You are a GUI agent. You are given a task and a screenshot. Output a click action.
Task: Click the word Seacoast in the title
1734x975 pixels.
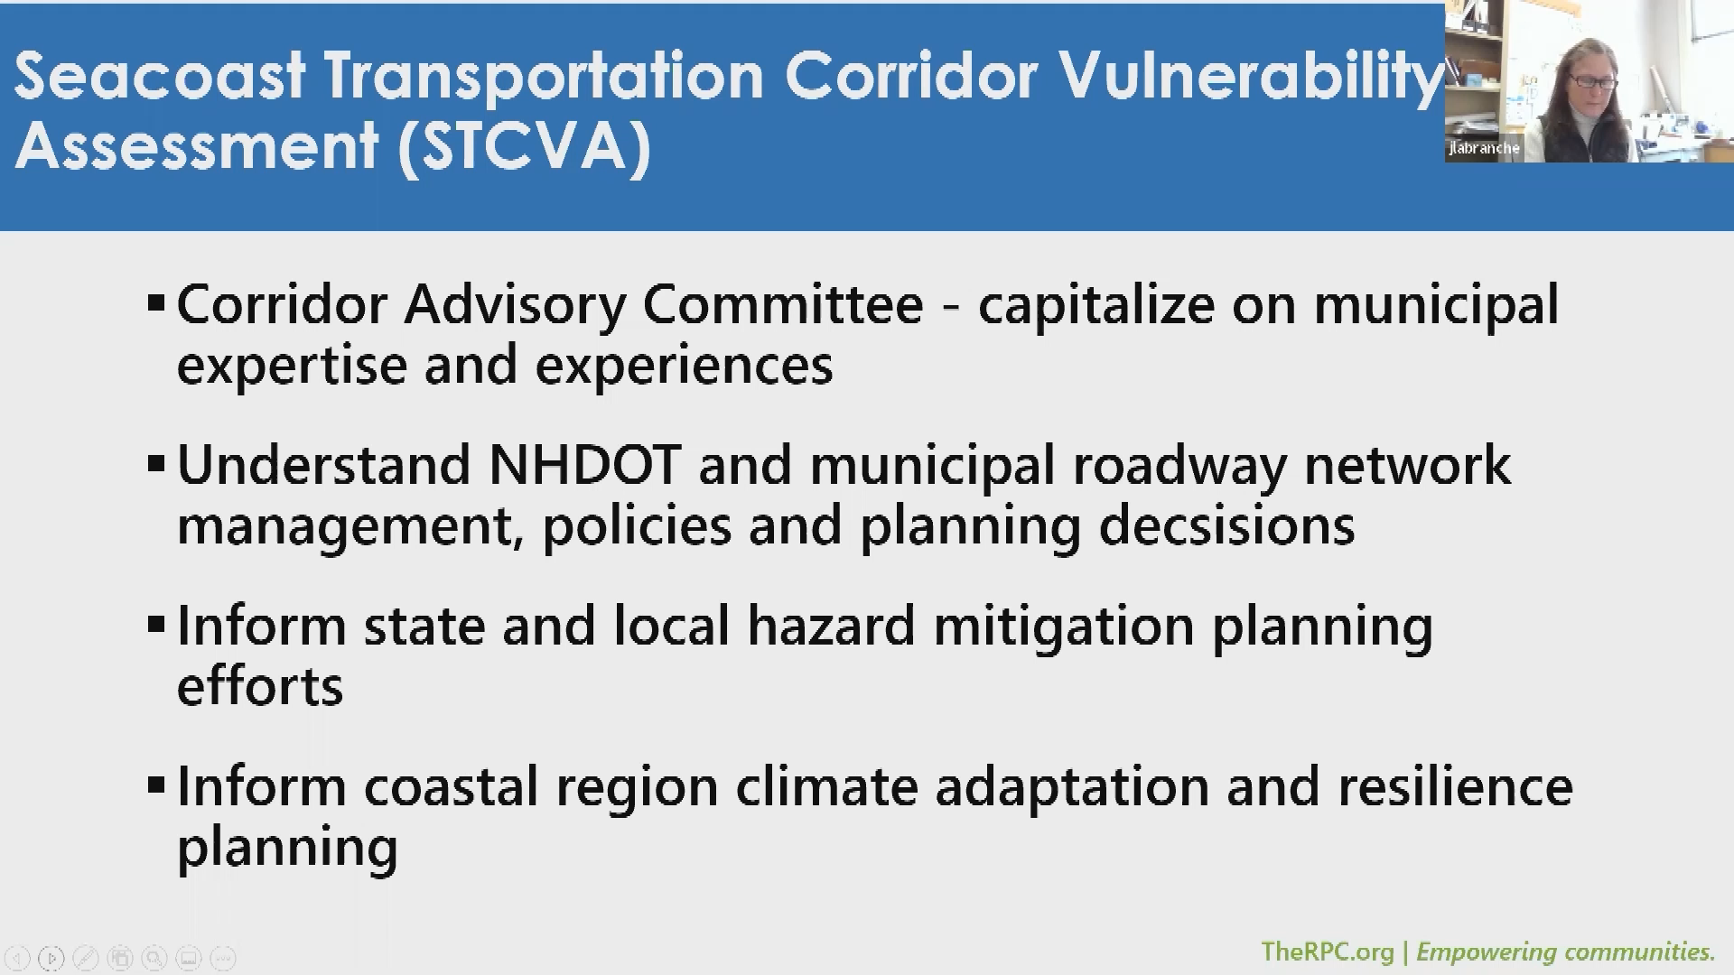160,76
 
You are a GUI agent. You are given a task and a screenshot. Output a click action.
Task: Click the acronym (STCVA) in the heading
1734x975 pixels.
524,146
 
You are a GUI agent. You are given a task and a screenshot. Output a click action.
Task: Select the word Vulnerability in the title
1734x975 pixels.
1250,76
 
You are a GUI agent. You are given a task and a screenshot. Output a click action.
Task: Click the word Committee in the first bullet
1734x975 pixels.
782,305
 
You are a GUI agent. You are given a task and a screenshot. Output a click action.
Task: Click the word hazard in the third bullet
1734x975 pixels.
831,627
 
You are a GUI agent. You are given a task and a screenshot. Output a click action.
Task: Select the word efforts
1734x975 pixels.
260,686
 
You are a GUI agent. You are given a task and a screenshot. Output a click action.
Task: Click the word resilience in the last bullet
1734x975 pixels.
1455,787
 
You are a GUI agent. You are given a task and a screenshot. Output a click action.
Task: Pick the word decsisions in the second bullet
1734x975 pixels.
1226,526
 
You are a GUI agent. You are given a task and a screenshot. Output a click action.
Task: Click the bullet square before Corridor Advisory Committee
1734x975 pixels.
156,304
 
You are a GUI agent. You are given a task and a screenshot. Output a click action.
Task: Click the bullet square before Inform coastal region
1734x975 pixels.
156,785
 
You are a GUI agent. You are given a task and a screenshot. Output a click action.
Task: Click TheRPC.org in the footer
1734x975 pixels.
1327,952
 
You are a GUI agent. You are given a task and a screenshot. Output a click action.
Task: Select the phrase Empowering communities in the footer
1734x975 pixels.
1565,952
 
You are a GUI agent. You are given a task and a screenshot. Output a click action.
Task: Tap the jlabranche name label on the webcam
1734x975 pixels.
1484,148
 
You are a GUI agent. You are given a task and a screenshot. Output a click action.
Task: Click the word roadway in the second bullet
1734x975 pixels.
1179,466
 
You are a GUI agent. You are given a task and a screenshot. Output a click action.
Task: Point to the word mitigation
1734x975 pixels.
1063,627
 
